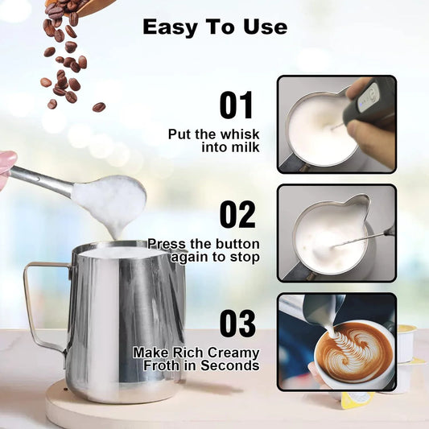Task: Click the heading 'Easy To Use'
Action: pos(214,27)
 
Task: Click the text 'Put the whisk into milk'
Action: pos(213,141)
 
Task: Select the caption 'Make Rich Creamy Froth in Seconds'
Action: pos(196,359)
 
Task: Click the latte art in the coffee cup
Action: pos(353,351)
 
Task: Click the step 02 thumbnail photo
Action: pos(336,233)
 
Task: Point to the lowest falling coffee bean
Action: pos(99,106)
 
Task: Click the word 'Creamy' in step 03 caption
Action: pos(236,353)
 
